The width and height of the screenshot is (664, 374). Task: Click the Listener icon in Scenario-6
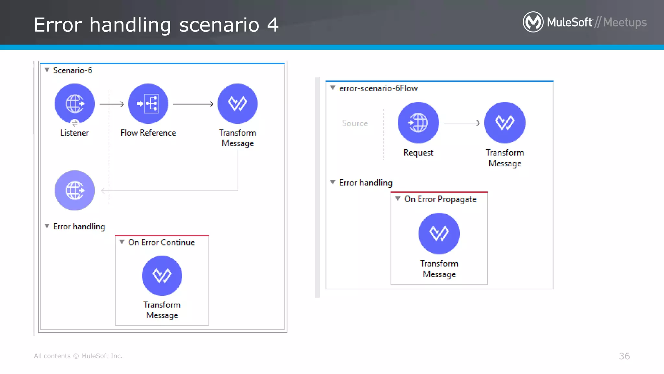(75, 104)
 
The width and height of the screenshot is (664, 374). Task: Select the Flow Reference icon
(148, 104)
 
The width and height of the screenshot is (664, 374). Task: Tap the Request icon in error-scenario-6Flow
(418, 123)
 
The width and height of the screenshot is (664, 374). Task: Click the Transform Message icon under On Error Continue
(162, 276)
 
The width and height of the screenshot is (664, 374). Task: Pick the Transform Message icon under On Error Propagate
(439, 233)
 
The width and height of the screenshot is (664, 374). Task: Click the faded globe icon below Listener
(75, 190)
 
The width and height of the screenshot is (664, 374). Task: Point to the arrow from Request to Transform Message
(462, 123)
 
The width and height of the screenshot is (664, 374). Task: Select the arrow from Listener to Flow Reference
(112, 104)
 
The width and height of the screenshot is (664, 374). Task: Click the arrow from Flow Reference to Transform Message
(193, 104)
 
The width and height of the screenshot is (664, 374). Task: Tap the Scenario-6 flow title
(73, 70)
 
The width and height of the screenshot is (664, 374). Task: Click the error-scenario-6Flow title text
(378, 88)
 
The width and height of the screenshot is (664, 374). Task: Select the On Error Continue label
(161, 243)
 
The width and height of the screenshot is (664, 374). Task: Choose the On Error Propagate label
(440, 199)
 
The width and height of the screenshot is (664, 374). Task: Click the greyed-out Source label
(355, 123)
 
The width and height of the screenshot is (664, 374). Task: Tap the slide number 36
(624, 356)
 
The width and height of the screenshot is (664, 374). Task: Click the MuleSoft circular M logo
(533, 22)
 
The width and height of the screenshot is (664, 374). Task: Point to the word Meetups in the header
(625, 22)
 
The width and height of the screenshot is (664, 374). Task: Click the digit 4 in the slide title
(273, 25)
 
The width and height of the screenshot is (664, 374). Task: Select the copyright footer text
(78, 356)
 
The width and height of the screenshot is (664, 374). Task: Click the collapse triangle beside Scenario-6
(47, 70)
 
